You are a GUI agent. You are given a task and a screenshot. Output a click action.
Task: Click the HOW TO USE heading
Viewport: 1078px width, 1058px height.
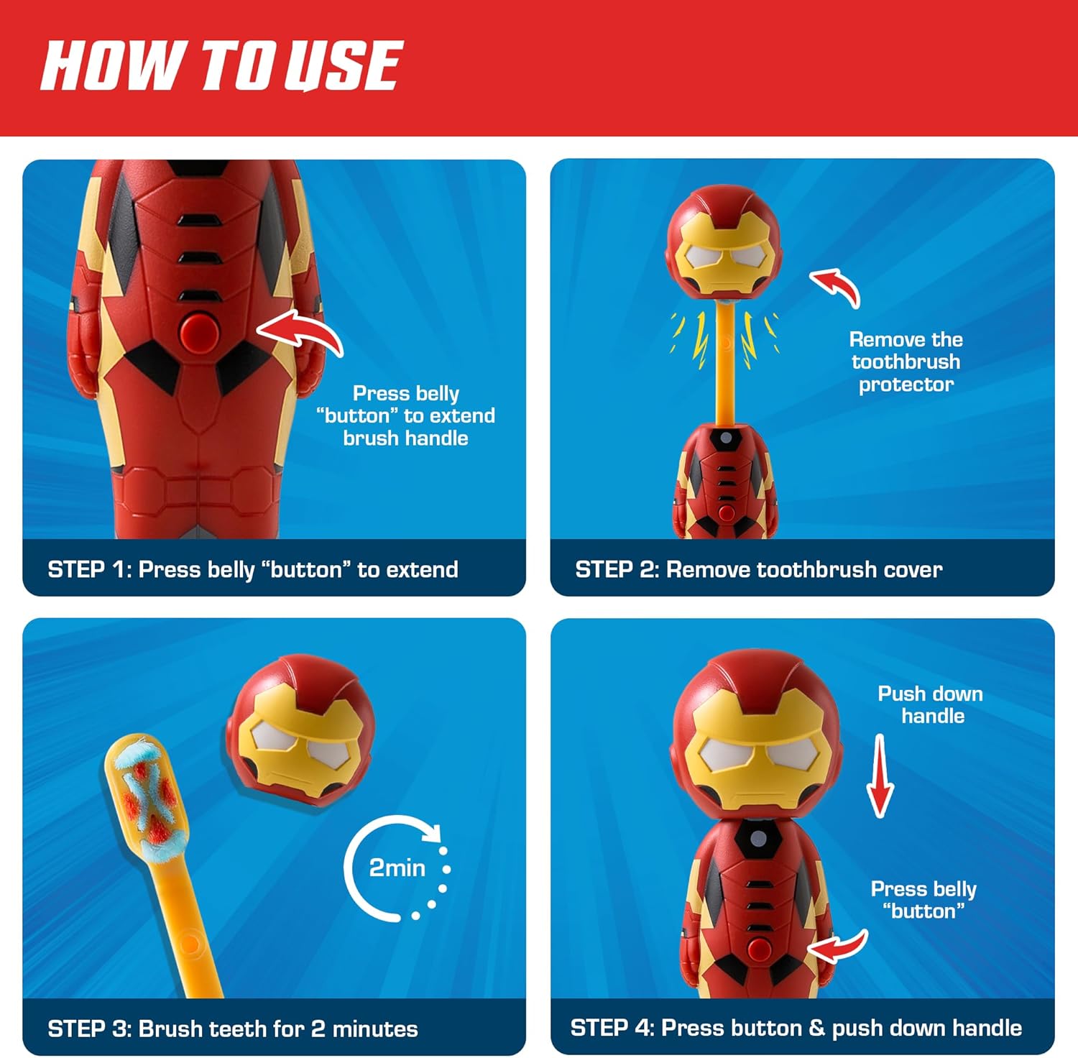(221, 65)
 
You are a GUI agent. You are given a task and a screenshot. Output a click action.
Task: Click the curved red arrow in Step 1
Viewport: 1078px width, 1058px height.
(298, 332)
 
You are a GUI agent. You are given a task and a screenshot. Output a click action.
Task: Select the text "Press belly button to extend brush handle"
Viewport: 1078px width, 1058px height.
(406, 415)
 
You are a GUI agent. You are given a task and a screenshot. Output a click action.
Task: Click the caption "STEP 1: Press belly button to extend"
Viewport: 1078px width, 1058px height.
(253, 569)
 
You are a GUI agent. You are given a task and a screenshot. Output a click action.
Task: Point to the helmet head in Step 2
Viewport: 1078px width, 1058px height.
(724, 241)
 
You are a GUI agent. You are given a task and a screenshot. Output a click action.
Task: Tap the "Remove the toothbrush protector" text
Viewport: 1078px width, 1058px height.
(906, 362)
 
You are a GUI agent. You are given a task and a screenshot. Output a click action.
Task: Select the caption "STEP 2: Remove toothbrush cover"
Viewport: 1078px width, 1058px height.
(758, 569)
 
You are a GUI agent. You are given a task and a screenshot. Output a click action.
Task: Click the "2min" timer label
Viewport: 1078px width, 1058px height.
(397, 868)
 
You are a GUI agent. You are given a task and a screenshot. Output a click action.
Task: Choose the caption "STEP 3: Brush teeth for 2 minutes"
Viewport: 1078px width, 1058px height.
(233, 1029)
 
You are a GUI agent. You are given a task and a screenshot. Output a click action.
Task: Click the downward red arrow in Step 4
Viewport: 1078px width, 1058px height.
(880, 776)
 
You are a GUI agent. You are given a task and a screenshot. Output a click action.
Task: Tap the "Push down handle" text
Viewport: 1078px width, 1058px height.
(931, 704)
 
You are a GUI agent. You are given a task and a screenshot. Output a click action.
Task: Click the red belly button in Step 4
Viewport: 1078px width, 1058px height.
(758, 947)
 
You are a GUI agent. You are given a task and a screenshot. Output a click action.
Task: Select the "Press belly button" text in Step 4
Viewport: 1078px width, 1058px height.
(923, 900)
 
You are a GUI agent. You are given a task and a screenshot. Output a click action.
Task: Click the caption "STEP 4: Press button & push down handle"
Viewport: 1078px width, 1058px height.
(796, 1028)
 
